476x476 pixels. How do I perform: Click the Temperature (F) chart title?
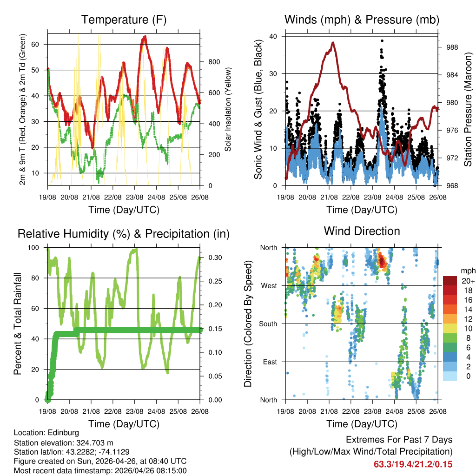(124, 20)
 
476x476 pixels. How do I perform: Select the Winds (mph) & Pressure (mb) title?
(362, 20)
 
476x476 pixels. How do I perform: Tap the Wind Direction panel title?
(362, 231)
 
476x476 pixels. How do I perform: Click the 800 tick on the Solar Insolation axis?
(210, 62)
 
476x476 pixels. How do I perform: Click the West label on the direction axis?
(269, 285)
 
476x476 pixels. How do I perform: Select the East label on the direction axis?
(270, 362)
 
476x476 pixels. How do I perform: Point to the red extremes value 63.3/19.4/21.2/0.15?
(413, 464)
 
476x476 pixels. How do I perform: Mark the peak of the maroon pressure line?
(333, 42)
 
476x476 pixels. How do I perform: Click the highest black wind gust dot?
(382, 41)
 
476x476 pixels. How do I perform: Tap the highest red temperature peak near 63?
(145, 36)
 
